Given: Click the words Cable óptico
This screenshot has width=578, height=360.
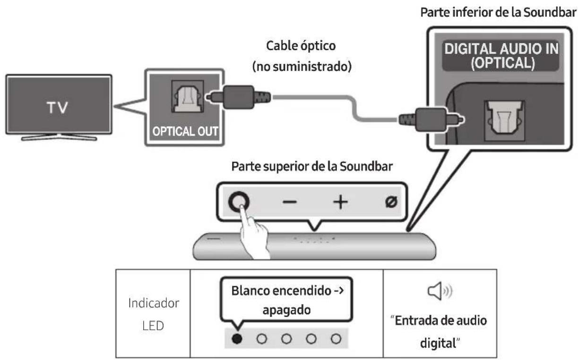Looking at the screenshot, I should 301,47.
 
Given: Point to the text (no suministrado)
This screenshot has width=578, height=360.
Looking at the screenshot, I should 301,66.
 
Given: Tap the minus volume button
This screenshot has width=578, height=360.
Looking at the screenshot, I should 290,202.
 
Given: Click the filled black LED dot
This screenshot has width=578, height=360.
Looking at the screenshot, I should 238,339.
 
